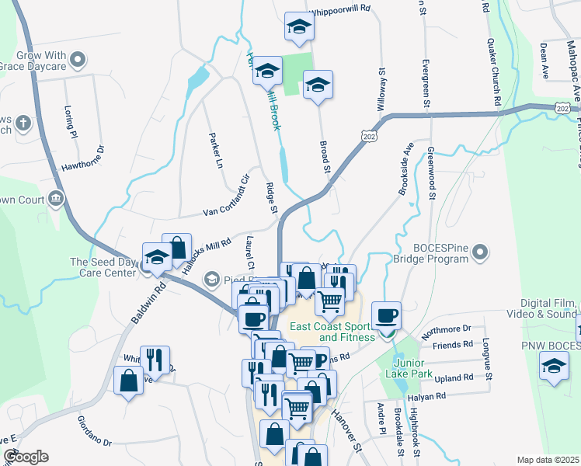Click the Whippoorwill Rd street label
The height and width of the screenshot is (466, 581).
point(352,13)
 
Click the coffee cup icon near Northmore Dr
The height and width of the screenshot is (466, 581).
point(386,315)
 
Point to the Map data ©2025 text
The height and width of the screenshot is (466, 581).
point(548,460)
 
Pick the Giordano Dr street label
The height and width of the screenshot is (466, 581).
point(95,435)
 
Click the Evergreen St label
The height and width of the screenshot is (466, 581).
point(426,71)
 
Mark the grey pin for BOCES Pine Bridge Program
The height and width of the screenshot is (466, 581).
point(480,252)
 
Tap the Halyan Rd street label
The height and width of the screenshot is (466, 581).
point(430,395)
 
